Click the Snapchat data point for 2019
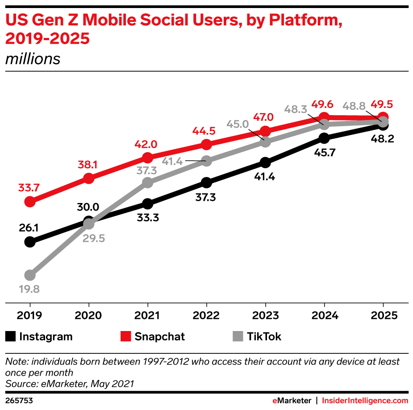[x=30, y=202]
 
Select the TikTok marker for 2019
[x=30, y=275]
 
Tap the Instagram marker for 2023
[x=265, y=162]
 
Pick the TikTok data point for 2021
[x=148, y=182]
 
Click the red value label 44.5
[x=206, y=132]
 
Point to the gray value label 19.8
[x=29, y=289]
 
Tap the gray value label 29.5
[x=94, y=238]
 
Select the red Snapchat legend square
[x=125, y=336]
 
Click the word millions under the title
[x=33, y=59]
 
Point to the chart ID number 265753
[x=19, y=401]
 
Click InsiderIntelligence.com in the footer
[x=365, y=401]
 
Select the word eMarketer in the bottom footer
[x=292, y=401]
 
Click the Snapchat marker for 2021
[x=148, y=157]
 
